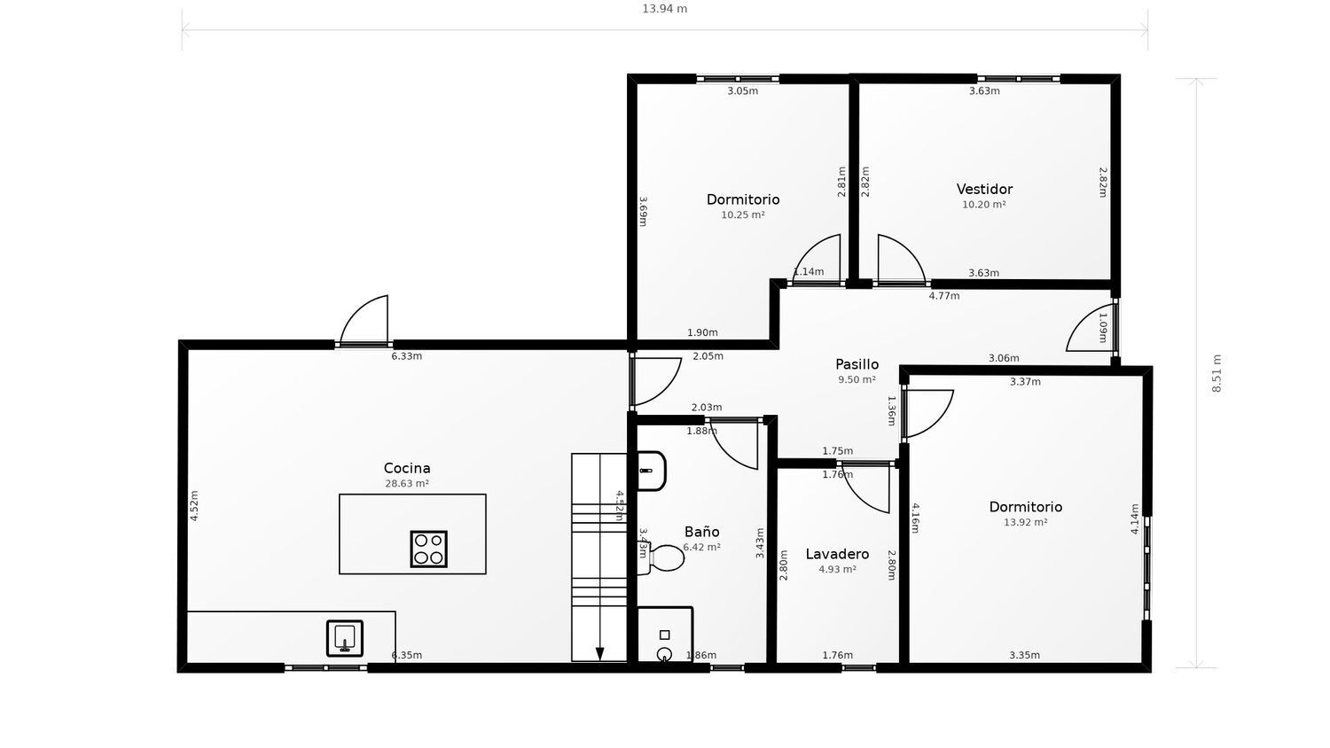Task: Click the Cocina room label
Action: [407, 468]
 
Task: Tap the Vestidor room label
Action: [984, 189]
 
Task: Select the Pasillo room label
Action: [857, 364]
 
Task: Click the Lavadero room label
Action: [837, 554]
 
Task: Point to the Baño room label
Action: [701, 532]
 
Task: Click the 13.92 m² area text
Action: [1025, 523]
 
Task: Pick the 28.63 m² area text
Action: [407, 484]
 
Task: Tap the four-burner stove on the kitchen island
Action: [428, 549]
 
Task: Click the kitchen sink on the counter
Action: [345, 637]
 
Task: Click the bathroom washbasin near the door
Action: [651, 471]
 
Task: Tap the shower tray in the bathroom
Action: [664, 635]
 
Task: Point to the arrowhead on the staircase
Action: [599, 654]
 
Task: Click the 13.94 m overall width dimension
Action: [664, 9]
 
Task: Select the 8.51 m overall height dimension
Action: [1217, 373]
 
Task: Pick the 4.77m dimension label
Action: [943, 296]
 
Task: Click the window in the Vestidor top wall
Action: [1018, 79]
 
